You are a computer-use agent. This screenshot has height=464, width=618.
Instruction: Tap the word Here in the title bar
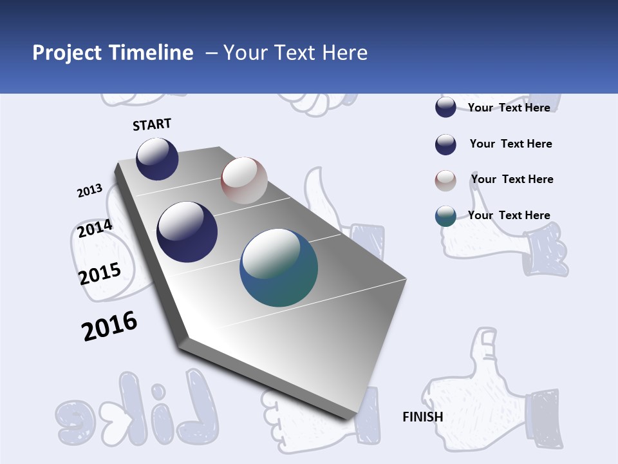[x=344, y=53]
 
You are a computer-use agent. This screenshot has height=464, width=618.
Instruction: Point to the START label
[x=152, y=124]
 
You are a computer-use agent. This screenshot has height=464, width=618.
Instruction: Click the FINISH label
[x=422, y=417]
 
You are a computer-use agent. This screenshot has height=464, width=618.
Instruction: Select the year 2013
[x=89, y=191]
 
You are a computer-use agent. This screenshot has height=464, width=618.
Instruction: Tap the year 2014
[x=95, y=229]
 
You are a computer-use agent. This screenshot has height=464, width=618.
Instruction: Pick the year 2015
[x=100, y=273]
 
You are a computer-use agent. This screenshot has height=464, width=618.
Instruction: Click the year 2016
[x=109, y=326]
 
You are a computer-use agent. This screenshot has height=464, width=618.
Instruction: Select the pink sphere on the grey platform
[x=244, y=180]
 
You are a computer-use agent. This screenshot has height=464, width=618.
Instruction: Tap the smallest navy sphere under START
[x=157, y=159]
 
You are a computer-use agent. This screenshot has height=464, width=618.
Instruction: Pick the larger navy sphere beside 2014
[x=187, y=232]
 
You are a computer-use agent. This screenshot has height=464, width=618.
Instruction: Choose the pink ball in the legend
[x=445, y=180]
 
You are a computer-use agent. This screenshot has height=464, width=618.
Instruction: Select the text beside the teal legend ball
[x=509, y=215]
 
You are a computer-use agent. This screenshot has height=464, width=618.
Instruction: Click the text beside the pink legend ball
[x=512, y=179]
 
